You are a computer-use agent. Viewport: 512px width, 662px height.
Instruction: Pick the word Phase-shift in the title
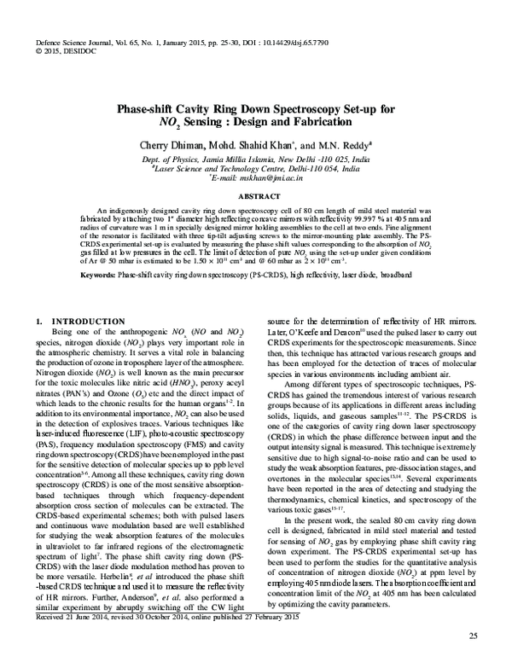coord(156,109)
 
